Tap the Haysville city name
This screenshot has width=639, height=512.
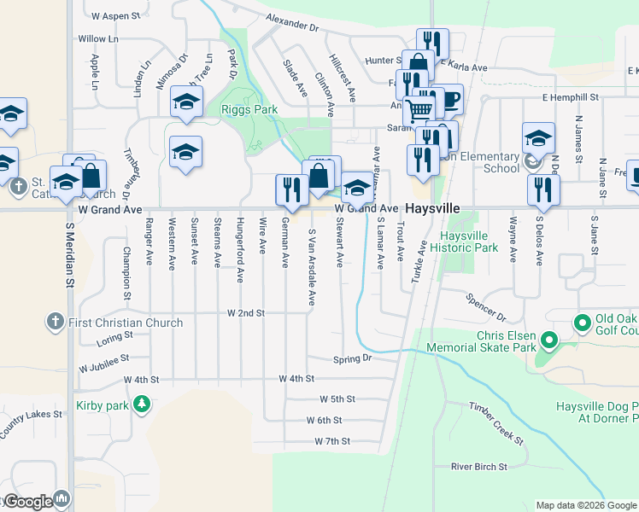(x=432, y=208)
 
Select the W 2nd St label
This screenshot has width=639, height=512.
(x=246, y=313)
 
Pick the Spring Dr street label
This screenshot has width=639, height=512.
(x=353, y=359)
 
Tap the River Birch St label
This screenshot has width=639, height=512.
(x=479, y=467)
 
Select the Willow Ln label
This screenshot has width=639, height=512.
(x=98, y=39)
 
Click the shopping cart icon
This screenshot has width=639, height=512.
(x=419, y=109)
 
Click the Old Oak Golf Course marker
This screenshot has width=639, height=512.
(x=583, y=323)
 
